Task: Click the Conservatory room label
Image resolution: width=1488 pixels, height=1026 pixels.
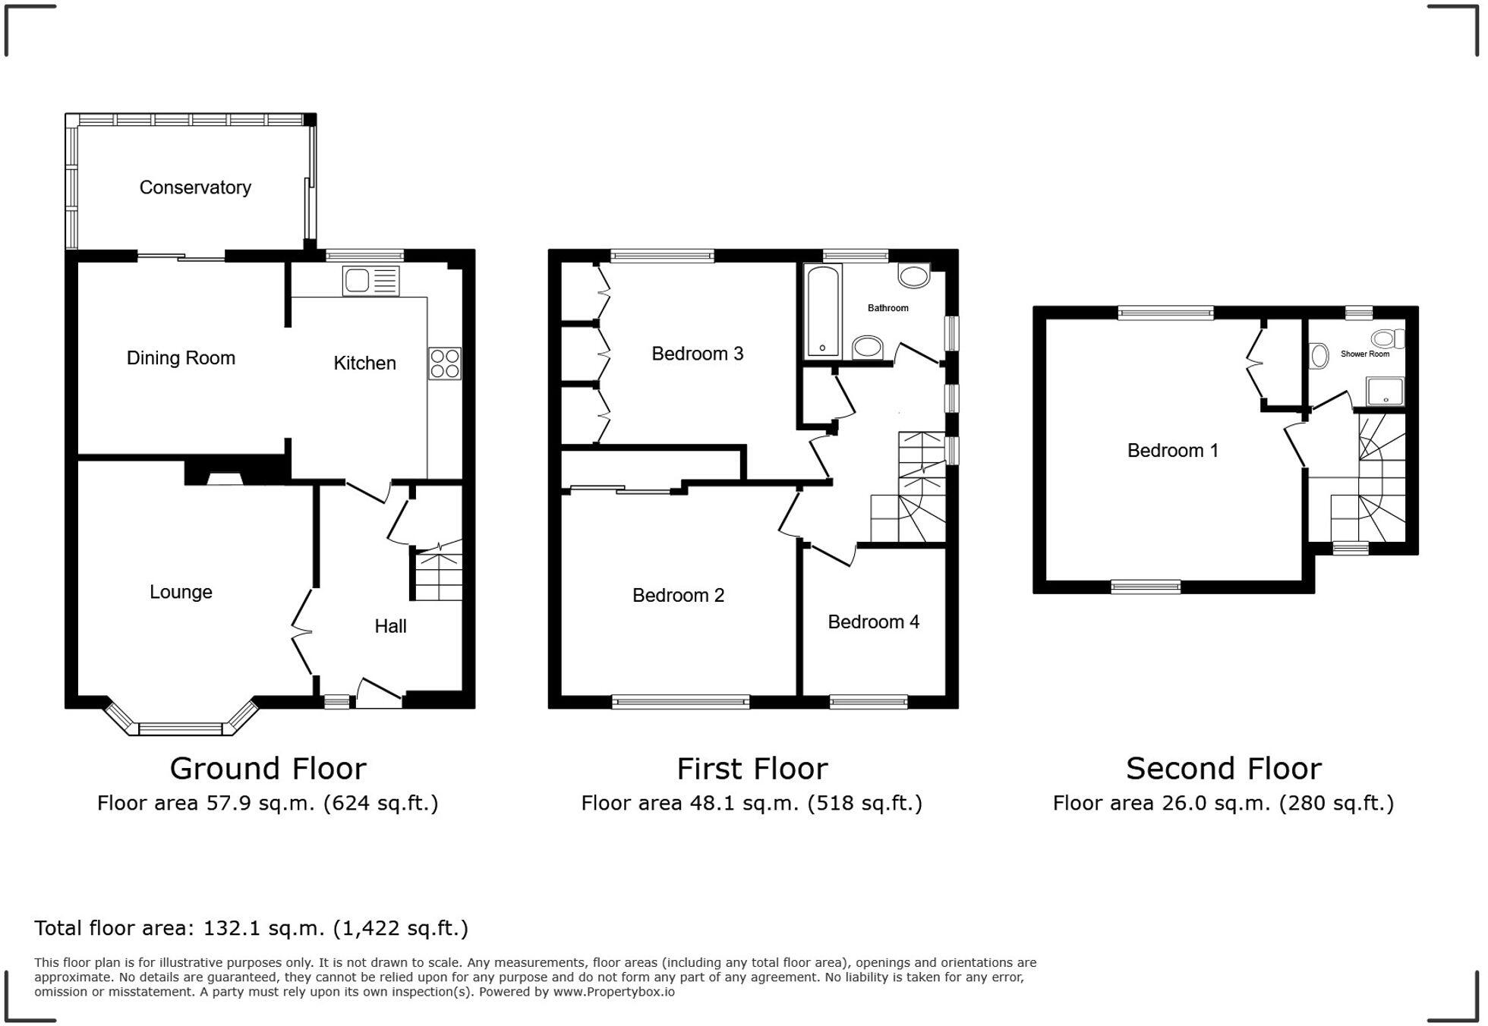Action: point(195,187)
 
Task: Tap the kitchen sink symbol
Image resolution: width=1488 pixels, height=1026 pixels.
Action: point(370,281)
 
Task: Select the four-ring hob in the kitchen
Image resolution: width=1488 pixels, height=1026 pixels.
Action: point(444,363)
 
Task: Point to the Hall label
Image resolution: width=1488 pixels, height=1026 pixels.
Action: point(390,626)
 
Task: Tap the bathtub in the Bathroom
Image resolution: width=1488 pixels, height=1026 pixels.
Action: point(823,310)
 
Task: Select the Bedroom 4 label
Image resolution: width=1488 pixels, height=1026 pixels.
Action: point(873,622)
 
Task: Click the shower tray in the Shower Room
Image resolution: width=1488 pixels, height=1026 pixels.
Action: point(1386,392)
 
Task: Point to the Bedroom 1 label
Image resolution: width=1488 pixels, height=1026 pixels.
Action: point(1172,451)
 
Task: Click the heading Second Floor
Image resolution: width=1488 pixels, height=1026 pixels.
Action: point(1223,769)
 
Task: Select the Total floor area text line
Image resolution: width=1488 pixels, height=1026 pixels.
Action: point(251,928)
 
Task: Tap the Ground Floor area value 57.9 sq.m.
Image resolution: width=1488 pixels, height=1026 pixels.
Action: point(260,804)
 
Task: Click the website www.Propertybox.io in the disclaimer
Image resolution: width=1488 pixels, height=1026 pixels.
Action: point(613,992)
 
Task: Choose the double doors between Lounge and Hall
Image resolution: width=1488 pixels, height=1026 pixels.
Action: point(302,631)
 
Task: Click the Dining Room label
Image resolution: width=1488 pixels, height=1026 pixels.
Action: point(181,358)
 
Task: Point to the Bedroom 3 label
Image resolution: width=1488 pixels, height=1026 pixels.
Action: point(697,354)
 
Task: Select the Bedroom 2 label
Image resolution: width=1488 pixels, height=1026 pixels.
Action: point(678,596)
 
